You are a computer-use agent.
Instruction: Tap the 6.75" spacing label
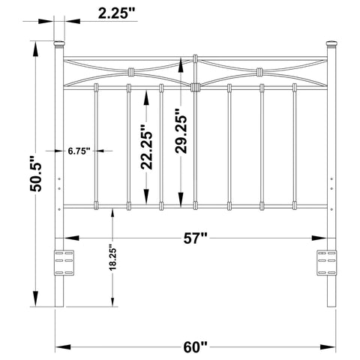click(78, 151)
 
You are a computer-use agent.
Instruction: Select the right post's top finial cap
click(331, 43)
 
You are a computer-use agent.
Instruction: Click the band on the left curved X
click(129, 73)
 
